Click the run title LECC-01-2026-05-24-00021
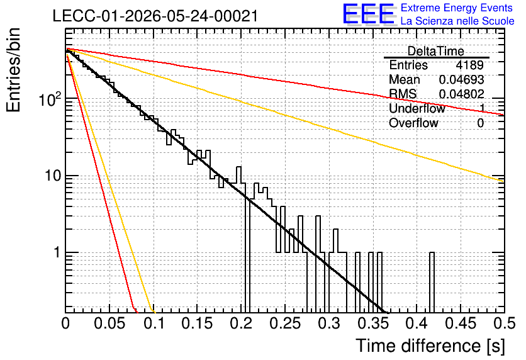[x=155, y=16]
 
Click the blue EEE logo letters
[x=368, y=14]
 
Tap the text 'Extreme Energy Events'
[x=457, y=8]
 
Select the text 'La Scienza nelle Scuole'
[x=457, y=21]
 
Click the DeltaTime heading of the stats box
[x=436, y=51]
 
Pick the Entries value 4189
[x=469, y=65]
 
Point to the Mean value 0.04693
[x=461, y=79]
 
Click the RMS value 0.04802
[x=461, y=94]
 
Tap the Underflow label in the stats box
[x=417, y=108]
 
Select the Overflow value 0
[x=480, y=123]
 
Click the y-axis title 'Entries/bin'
[x=13, y=70]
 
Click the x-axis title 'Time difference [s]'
[x=430, y=346]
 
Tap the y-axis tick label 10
[x=53, y=176]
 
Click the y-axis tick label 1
[x=57, y=252]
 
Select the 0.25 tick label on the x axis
[x=285, y=323]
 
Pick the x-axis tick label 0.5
[x=504, y=323]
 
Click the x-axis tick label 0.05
[x=109, y=323]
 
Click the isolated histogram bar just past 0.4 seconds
[x=432, y=282]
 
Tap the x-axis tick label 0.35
[x=373, y=323]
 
